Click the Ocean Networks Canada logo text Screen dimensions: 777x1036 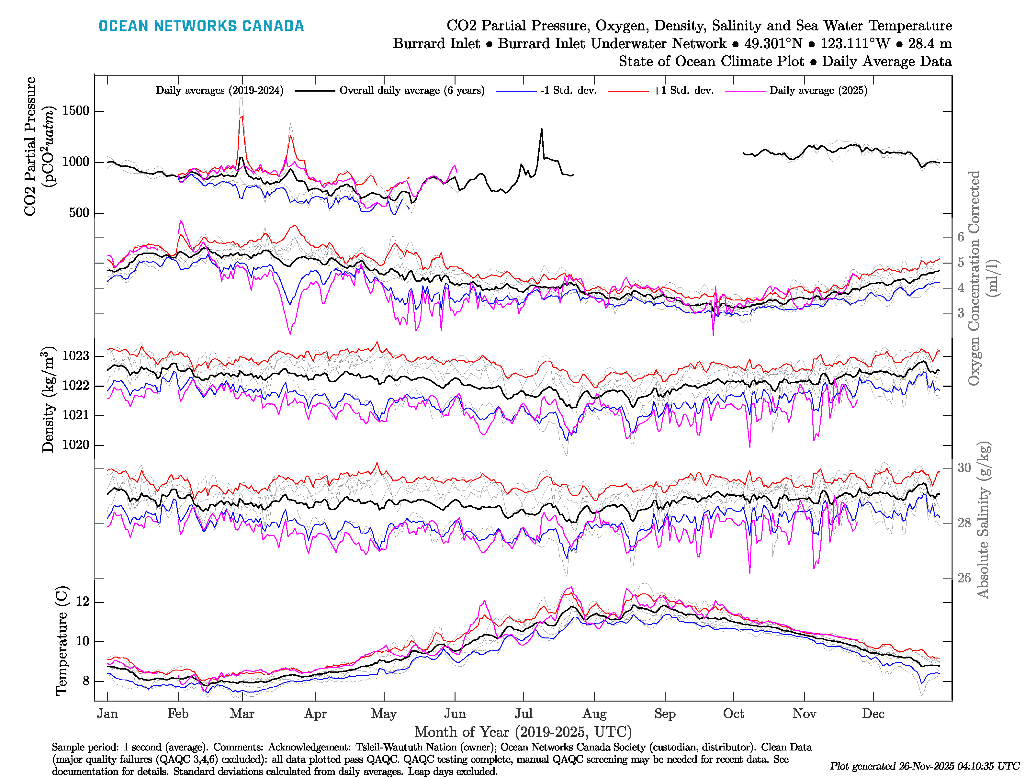click(201, 26)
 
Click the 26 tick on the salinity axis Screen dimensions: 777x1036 click(964, 578)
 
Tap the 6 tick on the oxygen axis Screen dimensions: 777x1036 click(961, 237)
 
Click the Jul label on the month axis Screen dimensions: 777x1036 click(523, 714)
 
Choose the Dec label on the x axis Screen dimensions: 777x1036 click(873, 714)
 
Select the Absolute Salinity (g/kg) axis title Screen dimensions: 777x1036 click(983, 520)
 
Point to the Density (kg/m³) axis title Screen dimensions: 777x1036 click(48, 400)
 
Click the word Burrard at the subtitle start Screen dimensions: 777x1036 click(436, 44)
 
